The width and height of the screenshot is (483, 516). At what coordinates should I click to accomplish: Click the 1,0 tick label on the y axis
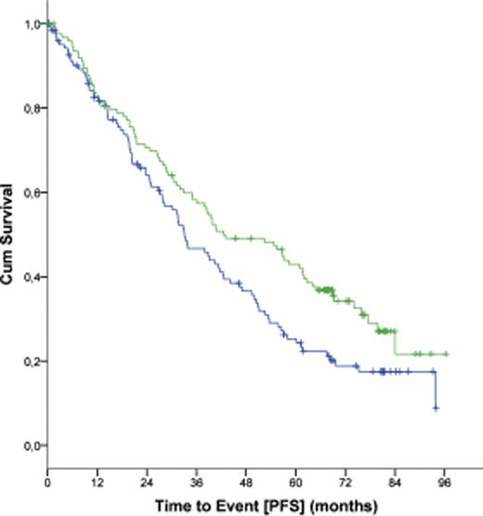pyautogui.click(x=31, y=24)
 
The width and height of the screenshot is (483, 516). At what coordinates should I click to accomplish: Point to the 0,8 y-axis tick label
pyautogui.click(x=31, y=109)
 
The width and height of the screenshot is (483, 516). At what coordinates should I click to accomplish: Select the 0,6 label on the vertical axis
pyautogui.click(x=31, y=193)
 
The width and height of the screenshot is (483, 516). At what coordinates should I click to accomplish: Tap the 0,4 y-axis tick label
pyautogui.click(x=31, y=277)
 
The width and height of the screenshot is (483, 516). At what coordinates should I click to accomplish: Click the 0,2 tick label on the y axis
pyautogui.click(x=31, y=361)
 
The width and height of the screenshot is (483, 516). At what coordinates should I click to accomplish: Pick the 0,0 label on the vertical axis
pyautogui.click(x=31, y=445)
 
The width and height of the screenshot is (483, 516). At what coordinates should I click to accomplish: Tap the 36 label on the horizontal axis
pyautogui.click(x=197, y=484)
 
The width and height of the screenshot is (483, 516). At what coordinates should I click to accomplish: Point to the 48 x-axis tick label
pyautogui.click(x=246, y=484)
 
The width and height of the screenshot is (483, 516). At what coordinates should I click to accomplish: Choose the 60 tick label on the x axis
pyautogui.click(x=296, y=484)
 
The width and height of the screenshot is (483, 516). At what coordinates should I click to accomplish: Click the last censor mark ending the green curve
pyautogui.click(x=447, y=354)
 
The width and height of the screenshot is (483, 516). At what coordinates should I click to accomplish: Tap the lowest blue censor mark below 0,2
pyautogui.click(x=436, y=407)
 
